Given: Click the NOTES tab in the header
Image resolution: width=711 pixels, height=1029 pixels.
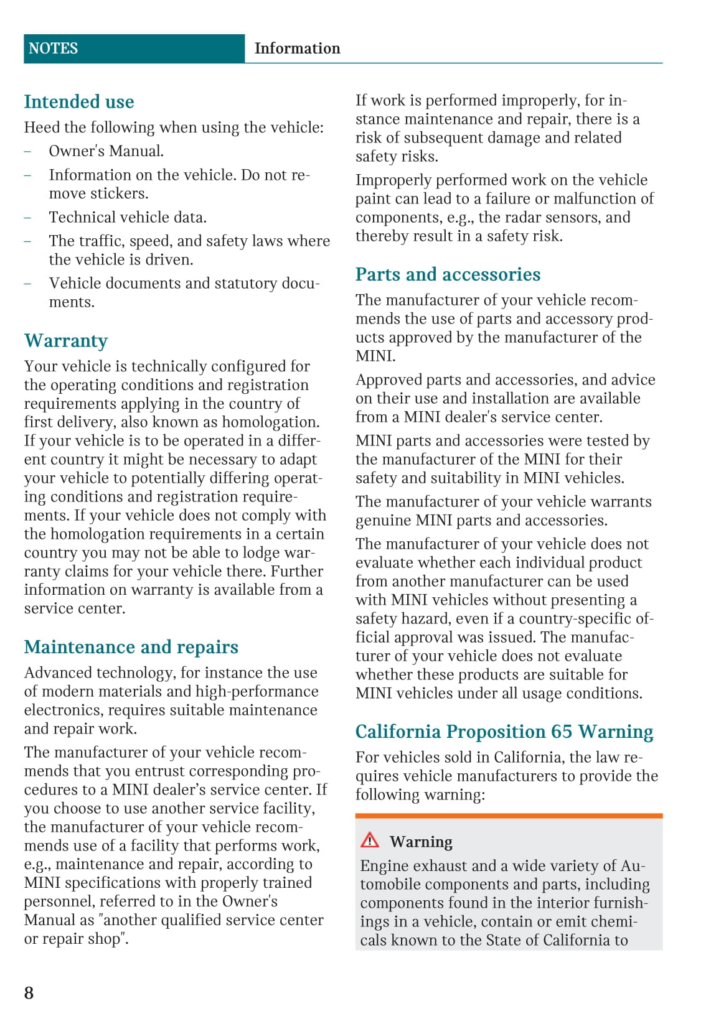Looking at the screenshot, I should coord(54,49).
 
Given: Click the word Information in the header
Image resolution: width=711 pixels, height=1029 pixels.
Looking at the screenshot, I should coord(297,49).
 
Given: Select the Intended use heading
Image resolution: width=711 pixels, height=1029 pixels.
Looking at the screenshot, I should coord(79,101).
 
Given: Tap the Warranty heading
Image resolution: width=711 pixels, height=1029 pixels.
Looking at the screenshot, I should coord(66,341).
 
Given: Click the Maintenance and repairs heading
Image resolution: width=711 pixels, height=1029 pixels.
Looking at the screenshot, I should coord(131,647).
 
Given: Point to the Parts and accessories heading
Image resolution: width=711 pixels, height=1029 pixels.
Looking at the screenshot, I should coord(448,274).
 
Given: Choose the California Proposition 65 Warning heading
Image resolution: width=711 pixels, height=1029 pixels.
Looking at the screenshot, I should coord(504,732).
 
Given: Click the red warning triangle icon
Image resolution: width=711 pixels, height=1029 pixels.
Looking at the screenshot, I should coord(370,840).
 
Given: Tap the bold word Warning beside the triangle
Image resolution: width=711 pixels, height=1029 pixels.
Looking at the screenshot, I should coord(421,842).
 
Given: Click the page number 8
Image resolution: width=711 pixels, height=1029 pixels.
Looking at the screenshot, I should coord(29,992).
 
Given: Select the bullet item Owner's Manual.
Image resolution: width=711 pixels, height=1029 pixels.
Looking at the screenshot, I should coord(106,151).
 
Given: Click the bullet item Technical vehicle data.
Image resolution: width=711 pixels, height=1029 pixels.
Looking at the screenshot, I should coord(128,217).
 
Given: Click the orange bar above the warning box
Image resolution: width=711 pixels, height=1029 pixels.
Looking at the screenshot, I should coord(509,815).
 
